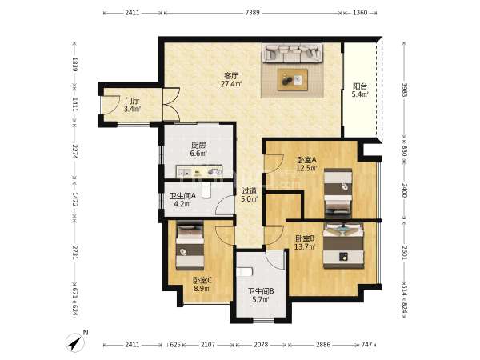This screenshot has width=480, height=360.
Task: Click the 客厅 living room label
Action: [231, 76]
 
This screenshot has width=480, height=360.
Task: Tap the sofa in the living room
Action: [292, 53]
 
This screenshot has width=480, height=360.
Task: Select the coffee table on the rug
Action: [293, 79]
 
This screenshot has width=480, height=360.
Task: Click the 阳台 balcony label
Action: [360, 86]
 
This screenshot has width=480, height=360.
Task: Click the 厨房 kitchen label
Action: [198, 145]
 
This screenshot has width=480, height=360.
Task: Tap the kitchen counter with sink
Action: [199, 171]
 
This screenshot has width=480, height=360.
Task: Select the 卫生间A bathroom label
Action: [182, 196]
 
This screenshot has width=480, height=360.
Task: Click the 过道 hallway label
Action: [249, 190]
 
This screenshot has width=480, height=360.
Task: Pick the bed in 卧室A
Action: [338, 193]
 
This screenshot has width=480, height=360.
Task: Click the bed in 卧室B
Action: [343, 246]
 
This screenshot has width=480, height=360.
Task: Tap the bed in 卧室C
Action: [190, 246]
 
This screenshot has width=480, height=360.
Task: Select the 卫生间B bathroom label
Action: [261, 291]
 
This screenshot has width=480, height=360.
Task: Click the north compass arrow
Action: [75, 342]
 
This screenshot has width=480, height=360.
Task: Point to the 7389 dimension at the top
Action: [253, 13]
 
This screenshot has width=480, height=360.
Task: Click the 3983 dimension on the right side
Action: [405, 90]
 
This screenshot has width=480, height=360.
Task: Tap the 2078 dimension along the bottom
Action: [261, 345]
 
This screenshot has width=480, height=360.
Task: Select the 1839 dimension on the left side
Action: [74, 64]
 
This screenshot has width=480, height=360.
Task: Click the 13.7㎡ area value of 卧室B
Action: [305, 246]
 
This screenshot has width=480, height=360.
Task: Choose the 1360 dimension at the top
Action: [360, 13]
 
